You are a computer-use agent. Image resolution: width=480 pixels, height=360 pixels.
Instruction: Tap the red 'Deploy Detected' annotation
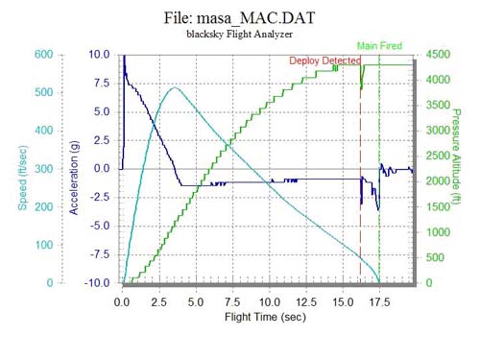click(326, 60)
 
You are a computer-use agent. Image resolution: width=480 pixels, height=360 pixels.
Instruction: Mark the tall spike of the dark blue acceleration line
click(124, 60)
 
